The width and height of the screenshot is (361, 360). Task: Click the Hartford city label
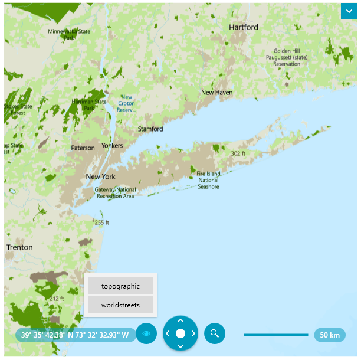pos(244,27)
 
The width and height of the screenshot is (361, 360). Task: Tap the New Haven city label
pos(216,93)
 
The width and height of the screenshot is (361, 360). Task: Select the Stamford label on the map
pos(150,129)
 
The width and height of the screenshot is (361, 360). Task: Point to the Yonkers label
pos(112,145)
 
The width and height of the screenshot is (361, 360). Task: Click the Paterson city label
pos(83,148)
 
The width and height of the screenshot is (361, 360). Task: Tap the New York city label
pos(100,176)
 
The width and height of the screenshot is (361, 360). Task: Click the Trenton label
pos(19,247)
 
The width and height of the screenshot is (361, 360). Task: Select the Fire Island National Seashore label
pos(208,180)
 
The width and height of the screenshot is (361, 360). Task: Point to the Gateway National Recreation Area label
pos(115,193)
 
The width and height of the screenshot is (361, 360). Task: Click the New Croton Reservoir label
pos(126,103)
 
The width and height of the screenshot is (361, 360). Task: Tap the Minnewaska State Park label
pos(70,34)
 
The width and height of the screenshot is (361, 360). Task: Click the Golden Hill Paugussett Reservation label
pos(287,57)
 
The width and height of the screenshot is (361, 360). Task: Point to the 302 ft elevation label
pos(238,153)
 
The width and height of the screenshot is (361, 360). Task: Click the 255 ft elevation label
pos(102,222)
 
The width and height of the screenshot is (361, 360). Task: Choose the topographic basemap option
pos(120,286)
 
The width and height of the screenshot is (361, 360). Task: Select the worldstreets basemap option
pos(120,305)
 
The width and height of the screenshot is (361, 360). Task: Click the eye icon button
pos(146,334)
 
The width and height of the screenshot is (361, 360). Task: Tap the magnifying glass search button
pos(215,333)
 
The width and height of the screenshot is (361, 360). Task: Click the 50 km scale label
pos(330,335)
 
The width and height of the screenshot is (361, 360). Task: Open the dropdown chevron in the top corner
pos(349,11)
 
